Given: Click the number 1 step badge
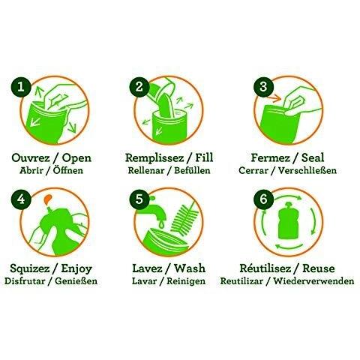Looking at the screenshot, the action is coord(21,87).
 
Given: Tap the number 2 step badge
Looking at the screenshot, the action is coord(139,87).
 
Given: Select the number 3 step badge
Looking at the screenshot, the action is coord(263,87).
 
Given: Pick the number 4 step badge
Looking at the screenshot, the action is coord(21,199).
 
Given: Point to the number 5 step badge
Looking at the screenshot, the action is coord(139,199).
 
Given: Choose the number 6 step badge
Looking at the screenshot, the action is coord(263,199).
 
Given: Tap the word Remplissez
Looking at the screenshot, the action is coord(154,158).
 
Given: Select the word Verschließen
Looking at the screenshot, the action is coord(307,171).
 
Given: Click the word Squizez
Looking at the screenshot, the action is coord(30,268).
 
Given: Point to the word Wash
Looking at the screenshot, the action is coord(190,268).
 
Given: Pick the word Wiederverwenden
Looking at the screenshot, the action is coord(313,281).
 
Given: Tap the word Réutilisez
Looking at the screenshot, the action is coord(265,268).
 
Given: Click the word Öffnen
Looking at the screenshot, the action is coord(68,170).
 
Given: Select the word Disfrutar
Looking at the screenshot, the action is coord(25,281).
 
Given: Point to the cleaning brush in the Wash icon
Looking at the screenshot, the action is coord(184,217).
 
